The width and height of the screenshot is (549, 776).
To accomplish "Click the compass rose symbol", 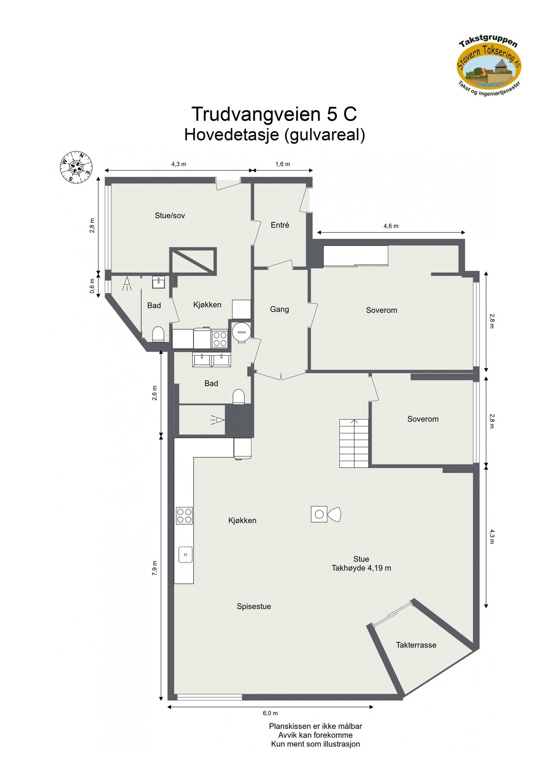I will point(75,167).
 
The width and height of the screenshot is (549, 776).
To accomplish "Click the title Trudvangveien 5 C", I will point(274,114).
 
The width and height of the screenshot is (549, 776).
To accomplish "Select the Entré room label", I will point(280,225).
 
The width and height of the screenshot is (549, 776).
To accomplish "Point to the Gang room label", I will point(279,309).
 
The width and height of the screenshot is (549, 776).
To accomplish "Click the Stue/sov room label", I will point(170,216).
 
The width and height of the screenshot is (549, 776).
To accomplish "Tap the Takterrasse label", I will point(416,645).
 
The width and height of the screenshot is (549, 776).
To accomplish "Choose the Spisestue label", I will point(254,606).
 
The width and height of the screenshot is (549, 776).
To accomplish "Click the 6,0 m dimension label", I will point(270,713).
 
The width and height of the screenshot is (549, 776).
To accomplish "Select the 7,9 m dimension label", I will point(155,568).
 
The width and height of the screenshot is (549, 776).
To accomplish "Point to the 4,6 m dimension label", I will point(391,226).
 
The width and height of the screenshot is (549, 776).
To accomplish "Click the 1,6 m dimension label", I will point(282,164).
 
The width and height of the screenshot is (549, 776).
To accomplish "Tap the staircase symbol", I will point(354,443).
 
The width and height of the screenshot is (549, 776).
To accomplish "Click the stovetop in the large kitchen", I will point(184,515).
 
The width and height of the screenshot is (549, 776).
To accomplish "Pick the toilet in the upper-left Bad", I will point(158,334).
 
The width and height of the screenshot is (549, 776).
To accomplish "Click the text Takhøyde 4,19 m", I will point(361,568).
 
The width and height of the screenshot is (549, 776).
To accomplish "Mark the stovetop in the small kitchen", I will point(220,338).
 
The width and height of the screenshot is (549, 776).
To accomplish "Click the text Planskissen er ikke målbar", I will point(315,726).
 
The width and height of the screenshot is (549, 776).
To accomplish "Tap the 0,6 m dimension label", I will point(92,285).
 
